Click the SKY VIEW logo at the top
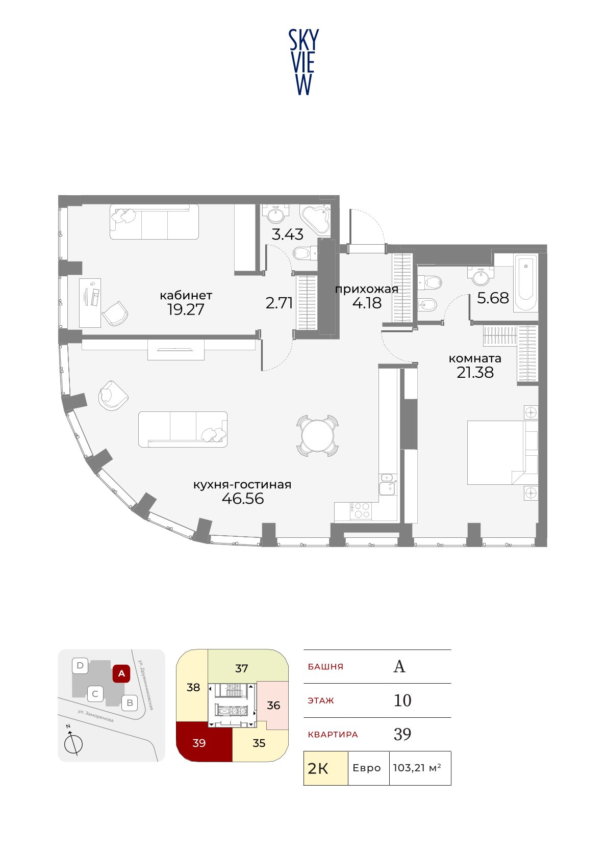[303, 62]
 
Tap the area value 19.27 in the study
[186, 309]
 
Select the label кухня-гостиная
[242, 484]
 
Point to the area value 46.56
[243, 499]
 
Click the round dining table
[317, 435]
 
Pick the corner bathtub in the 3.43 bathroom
[315, 220]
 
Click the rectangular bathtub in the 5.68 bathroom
[525, 283]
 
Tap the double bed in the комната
[502, 453]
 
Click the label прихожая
[367, 289]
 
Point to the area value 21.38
[475, 372]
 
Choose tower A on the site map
[121, 673]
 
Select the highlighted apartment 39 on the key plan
[204, 742]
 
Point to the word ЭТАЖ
[321, 700]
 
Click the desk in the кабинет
[90, 303]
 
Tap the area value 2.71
[280, 303]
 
